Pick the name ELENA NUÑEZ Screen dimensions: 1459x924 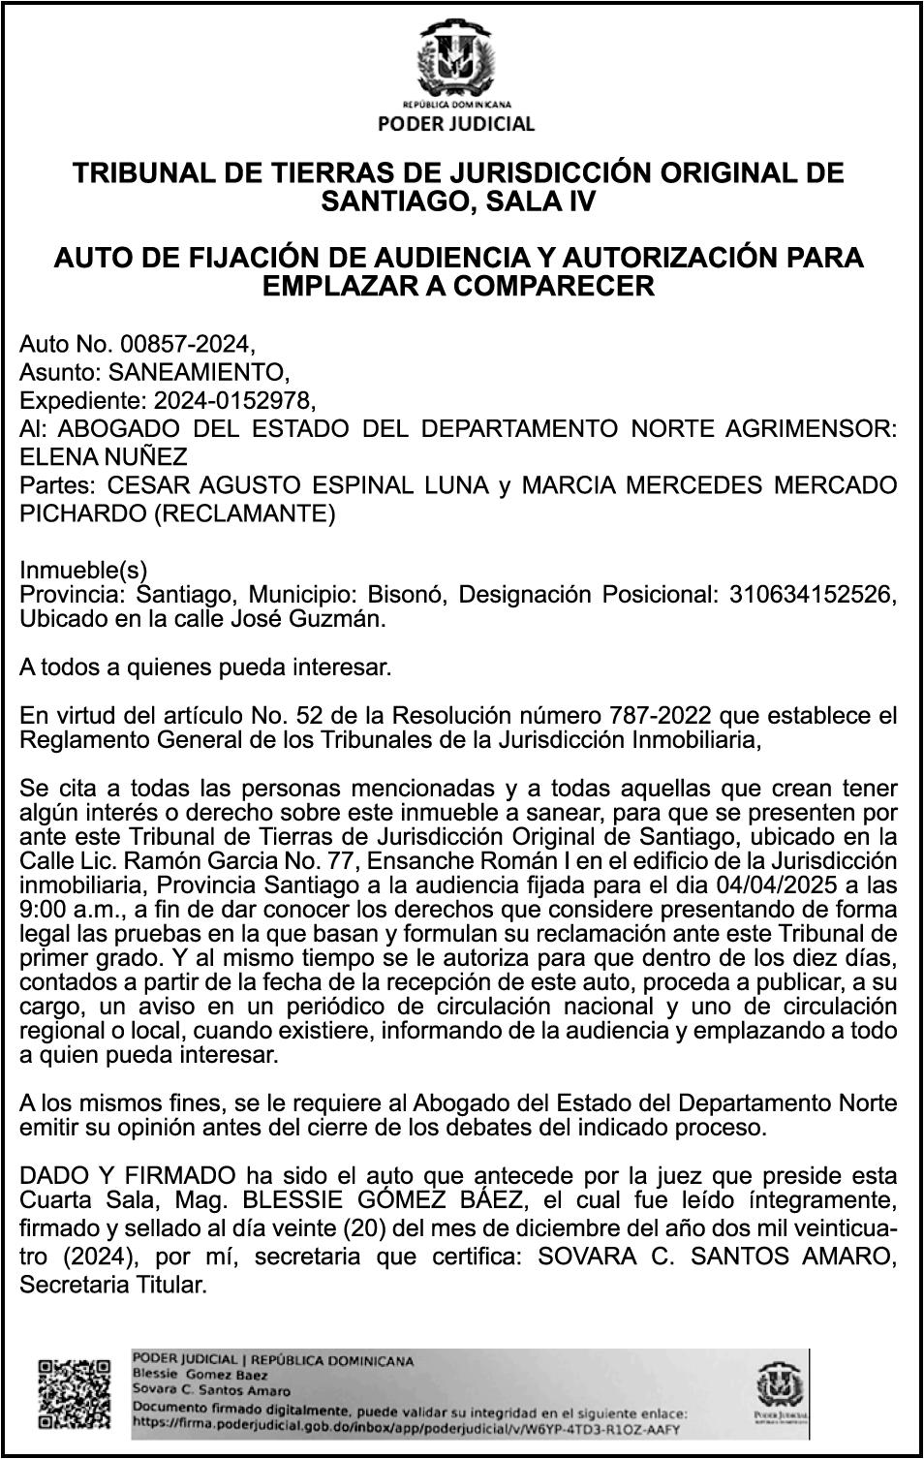click(x=104, y=455)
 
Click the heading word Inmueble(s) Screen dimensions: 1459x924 click(x=83, y=571)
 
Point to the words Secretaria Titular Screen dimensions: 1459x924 click(x=113, y=1286)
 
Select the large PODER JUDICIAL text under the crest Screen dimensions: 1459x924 click(x=455, y=123)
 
